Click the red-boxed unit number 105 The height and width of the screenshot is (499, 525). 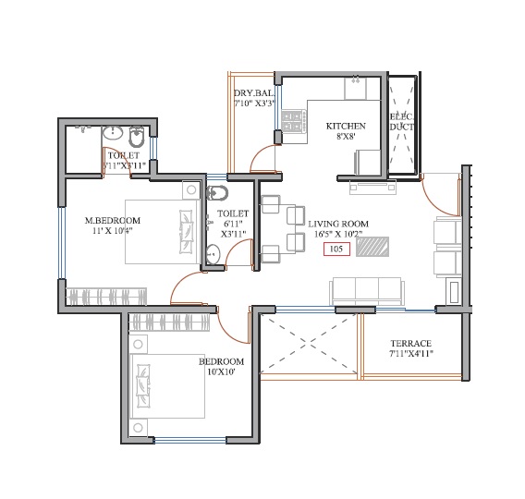(x=336, y=249)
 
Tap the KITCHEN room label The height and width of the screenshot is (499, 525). (x=346, y=127)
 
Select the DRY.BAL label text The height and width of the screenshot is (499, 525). (x=251, y=94)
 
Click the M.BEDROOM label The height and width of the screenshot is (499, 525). (x=112, y=220)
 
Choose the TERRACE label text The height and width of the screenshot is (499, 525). (x=410, y=343)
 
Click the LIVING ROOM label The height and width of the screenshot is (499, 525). (x=338, y=224)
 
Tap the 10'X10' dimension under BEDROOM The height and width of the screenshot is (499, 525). (x=222, y=372)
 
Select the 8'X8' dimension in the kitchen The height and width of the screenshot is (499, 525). (x=347, y=138)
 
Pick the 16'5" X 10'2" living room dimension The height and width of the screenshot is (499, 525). (x=337, y=235)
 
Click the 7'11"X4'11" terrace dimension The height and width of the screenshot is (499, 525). (x=410, y=354)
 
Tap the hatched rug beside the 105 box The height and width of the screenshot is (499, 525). (x=372, y=247)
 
